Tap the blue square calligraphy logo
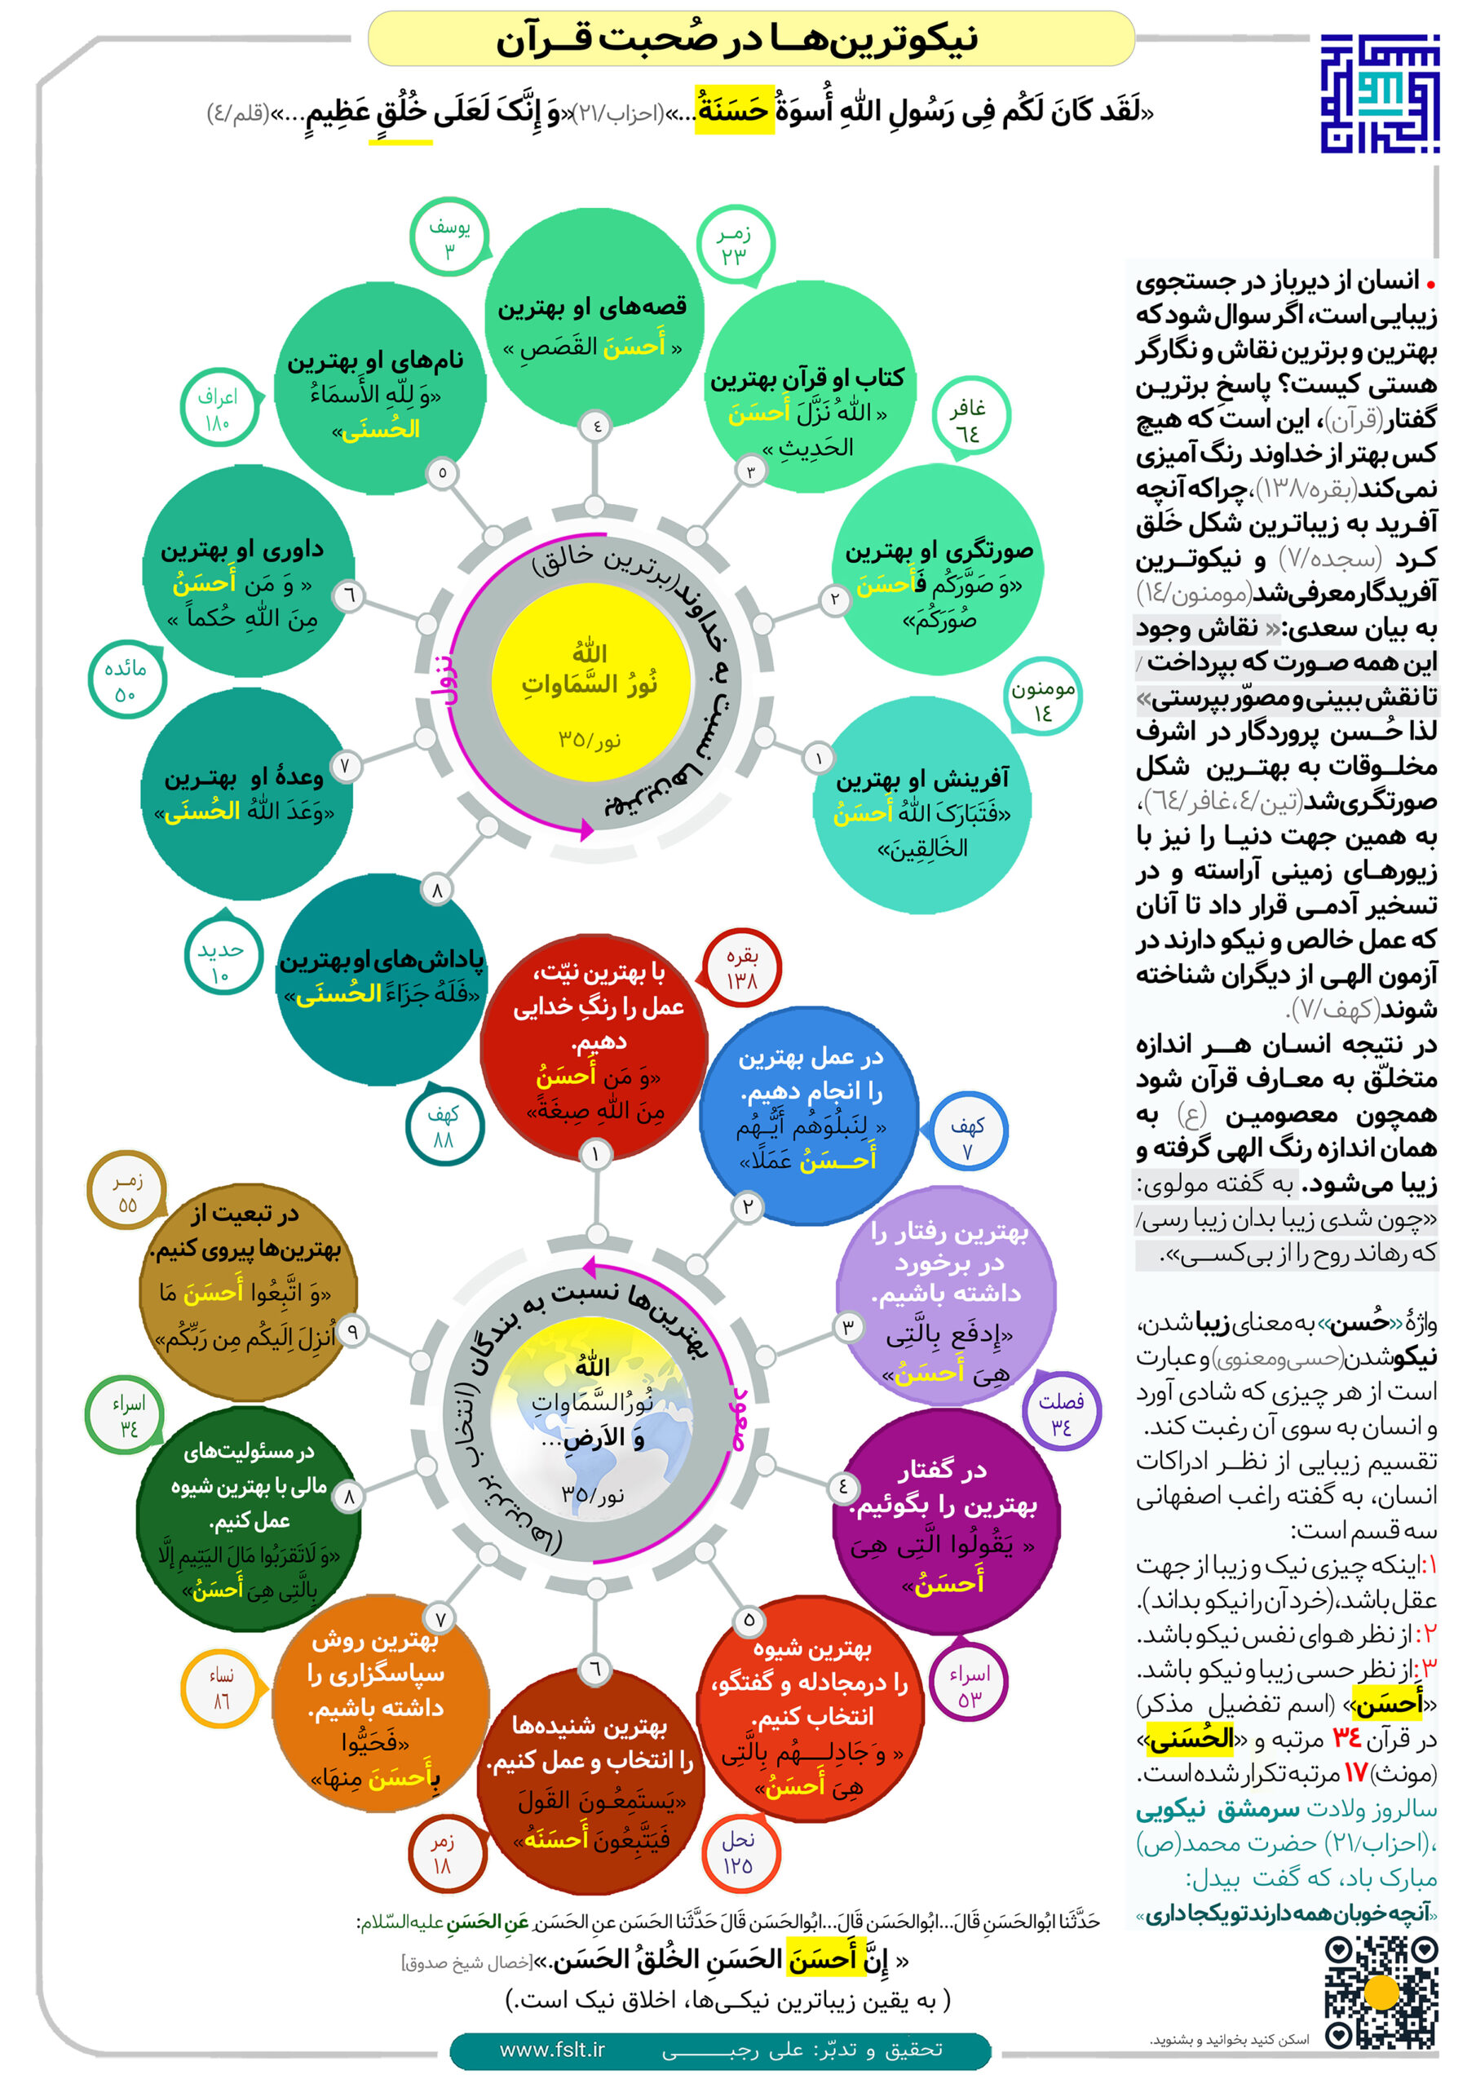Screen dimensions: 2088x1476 tap(1379, 93)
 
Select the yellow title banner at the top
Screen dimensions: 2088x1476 tap(751, 39)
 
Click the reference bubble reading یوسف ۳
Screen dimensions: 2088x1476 tap(449, 239)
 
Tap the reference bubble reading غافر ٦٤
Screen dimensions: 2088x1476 tap(970, 420)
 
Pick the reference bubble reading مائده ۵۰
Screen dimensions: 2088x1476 tap(126, 681)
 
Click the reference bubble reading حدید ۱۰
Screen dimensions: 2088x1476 tap(220, 962)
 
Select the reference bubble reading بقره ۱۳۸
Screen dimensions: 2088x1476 tap(742, 967)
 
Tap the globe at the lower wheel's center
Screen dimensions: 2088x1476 tap(592, 1422)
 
